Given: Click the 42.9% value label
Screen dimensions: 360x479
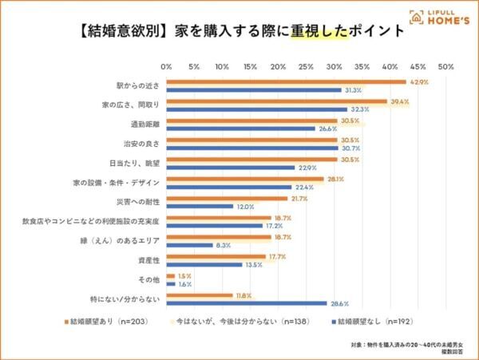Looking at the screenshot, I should pyautogui.click(x=418, y=81).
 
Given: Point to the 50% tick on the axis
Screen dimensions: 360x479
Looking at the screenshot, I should pyautogui.click(x=445, y=66).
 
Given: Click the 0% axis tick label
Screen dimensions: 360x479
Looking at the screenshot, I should pyautogui.click(x=167, y=66).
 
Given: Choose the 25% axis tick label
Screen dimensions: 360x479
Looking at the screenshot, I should pyautogui.click(x=306, y=66).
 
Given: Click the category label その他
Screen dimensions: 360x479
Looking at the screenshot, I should pyautogui.click(x=149, y=279).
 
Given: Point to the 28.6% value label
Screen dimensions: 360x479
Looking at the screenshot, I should pyautogui.click(x=338, y=303).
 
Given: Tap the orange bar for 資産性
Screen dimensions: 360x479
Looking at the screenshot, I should pyautogui.click(x=216, y=256).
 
